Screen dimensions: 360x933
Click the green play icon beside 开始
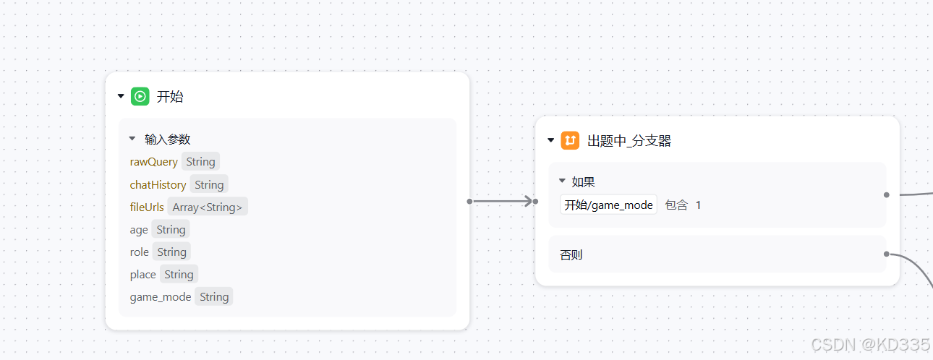[140, 96]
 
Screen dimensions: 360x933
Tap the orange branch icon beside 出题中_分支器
[570, 140]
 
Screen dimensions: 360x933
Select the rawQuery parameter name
[153, 162]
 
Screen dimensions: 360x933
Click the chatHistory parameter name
[158, 185]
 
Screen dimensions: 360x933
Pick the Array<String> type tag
[208, 207]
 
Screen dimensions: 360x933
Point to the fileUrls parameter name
[147, 207]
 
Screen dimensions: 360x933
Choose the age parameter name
[139, 230]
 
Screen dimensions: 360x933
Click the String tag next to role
[172, 252]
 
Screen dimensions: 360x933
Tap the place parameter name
[142, 275]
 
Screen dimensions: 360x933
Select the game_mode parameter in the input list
[161, 297]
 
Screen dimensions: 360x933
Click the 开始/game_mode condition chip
[608, 205]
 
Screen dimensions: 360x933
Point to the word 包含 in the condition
[676, 205]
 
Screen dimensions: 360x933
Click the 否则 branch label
[571, 254]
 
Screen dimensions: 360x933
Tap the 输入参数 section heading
[168, 140]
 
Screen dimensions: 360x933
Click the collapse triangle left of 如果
[562, 181]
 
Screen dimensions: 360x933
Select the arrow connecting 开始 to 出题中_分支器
[503, 201]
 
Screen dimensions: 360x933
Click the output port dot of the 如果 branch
[886, 194]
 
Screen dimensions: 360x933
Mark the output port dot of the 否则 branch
[886, 254]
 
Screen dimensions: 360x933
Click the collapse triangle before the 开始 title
[121, 96]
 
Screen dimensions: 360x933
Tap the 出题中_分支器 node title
[629, 141]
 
